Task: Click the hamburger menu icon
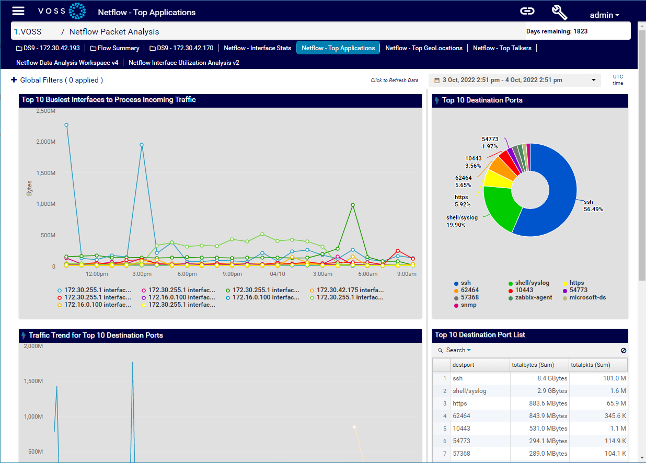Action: click(x=18, y=11)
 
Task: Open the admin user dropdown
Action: click(x=604, y=15)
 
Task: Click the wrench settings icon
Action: click(x=559, y=12)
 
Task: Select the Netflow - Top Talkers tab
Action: click(x=502, y=48)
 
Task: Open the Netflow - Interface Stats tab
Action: click(x=257, y=48)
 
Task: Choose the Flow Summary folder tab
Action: click(x=114, y=48)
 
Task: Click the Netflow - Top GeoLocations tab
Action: click(x=423, y=48)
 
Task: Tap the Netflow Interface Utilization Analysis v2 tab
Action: click(x=183, y=63)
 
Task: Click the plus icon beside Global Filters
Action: click(x=14, y=80)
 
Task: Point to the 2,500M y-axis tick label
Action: click(x=45, y=111)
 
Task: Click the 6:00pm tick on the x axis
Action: click(x=187, y=274)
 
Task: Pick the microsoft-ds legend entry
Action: click(x=587, y=297)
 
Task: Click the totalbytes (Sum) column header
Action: click(x=539, y=365)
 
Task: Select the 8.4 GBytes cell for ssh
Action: click(x=539, y=378)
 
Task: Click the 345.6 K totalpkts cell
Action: click(x=598, y=416)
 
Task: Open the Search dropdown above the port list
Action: click(x=458, y=350)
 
